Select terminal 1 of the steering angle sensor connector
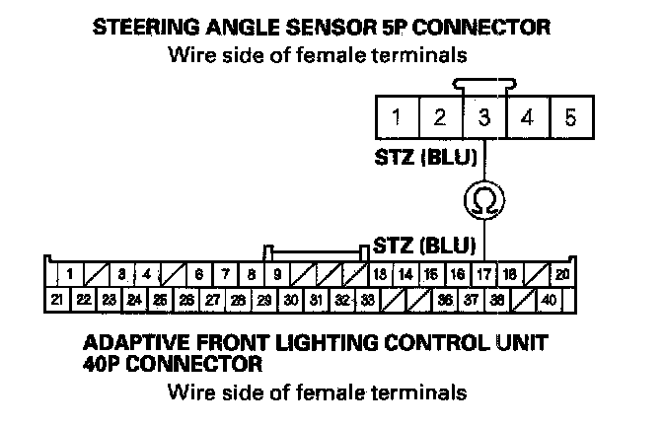[x=396, y=118]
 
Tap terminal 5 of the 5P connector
[x=570, y=118]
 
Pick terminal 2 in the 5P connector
[x=440, y=118]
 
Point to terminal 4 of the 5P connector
[x=528, y=118]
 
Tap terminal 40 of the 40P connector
[x=549, y=298]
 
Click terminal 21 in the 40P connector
[x=58, y=298]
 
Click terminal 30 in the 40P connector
[x=290, y=298]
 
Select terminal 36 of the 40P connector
[x=445, y=298]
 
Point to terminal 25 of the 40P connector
[x=161, y=298]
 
